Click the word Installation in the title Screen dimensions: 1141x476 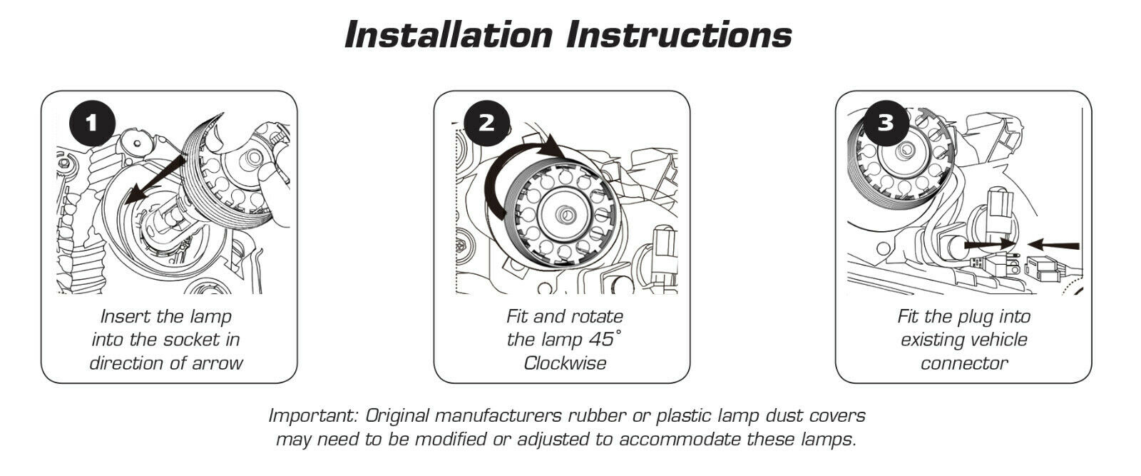(449, 35)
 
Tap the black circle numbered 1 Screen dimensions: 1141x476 (92, 123)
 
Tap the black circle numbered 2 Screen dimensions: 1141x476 (486, 123)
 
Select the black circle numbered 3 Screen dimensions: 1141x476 (886, 123)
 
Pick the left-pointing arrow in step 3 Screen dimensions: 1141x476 (1053, 245)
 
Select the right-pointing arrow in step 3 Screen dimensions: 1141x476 (989, 245)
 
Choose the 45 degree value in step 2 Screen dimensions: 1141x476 (605, 339)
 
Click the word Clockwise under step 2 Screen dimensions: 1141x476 (565, 363)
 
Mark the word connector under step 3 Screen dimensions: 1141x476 (964, 363)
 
